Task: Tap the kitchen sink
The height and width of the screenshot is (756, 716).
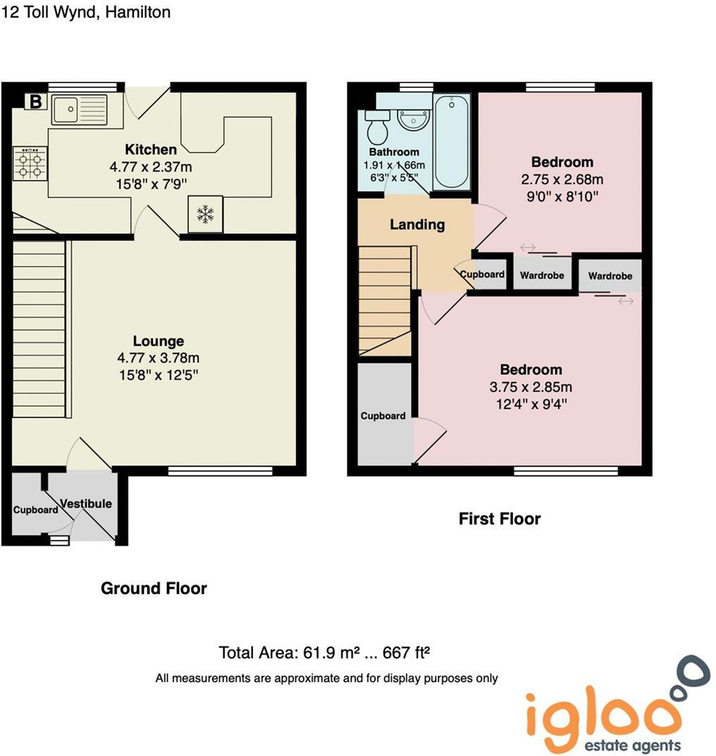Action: (78, 109)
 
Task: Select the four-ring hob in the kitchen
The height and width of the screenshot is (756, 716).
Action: (30, 164)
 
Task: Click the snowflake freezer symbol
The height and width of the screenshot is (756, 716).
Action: (205, 214)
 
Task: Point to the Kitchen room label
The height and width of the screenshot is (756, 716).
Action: (151, 149)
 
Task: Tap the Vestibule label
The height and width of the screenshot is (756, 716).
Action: (86, 504)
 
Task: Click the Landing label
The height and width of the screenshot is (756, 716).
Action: (417, 225)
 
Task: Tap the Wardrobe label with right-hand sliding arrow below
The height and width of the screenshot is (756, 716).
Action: (610, 276)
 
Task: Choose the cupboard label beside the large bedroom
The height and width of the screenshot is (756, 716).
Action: (383, 416)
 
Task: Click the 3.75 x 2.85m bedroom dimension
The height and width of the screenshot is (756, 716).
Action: (531, 387)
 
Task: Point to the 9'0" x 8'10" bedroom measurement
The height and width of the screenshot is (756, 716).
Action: (562, 197)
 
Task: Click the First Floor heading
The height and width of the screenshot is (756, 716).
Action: (500, 519)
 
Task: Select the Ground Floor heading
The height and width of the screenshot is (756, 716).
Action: (154, 588)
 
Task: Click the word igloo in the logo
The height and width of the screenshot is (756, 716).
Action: (603, 712)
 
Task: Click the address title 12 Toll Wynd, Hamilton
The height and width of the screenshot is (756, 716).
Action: (85, 12)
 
